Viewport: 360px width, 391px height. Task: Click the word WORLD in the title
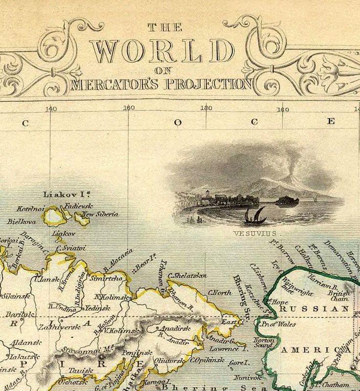point(162,51)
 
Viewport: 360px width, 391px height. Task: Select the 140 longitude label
point(51,109)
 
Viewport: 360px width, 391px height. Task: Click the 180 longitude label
point(205,109)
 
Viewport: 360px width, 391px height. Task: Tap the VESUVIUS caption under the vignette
point(255,234)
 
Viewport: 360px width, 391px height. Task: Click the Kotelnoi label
point(31,209)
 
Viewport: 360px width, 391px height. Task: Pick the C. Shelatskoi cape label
point(187,276)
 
